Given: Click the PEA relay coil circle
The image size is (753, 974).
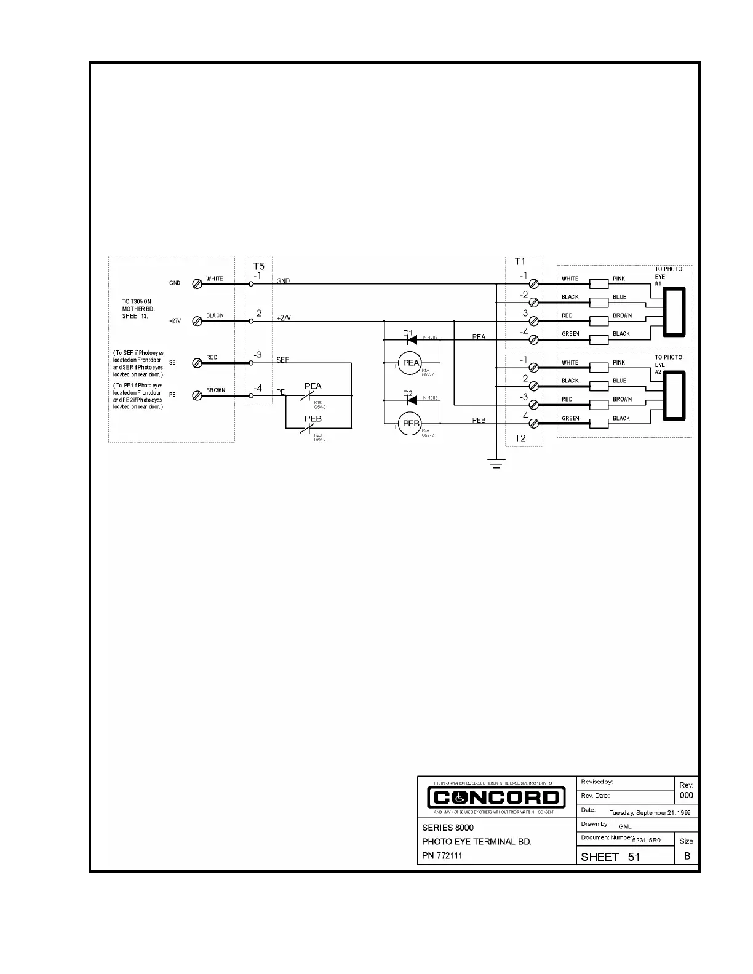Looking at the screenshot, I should click(410, 363).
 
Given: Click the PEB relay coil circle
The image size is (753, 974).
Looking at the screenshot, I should click(410, 423).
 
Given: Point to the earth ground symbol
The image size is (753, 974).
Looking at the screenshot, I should click(496, 464).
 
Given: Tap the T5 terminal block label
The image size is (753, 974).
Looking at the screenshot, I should click(259, 266).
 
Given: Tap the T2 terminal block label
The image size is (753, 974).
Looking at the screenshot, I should click(520, 438).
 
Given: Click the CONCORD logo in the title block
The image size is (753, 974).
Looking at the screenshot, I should click(496, 798).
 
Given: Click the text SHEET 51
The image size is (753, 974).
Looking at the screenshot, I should click(610, 857).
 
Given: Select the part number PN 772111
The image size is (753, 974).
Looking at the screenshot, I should click(442, 855).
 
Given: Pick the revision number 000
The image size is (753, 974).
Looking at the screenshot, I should click(686, 795).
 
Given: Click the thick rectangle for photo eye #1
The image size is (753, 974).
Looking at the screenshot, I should click(674, 312).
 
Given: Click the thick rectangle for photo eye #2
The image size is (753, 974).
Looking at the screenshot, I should click(674, 396).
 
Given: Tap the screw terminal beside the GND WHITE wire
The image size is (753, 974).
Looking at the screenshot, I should click(197, 284).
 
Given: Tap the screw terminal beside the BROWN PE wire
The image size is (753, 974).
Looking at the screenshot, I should click(197, 395).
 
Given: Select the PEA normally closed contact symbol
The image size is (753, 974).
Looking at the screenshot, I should click(307, 397).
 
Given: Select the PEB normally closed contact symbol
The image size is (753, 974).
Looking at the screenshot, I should click(307, 429).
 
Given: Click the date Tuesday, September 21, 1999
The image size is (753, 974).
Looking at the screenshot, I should click(650, 812).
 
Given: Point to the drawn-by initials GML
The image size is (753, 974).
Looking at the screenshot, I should click(624, 826).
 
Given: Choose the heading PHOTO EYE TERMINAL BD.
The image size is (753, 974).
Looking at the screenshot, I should click(476, 841).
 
